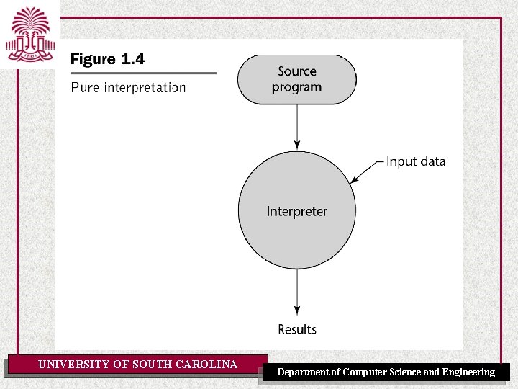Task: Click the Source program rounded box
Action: click(296, 79)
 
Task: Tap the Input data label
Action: click(415, 161)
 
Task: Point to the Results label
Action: click(297, 329)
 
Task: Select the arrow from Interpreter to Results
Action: click(296, 292)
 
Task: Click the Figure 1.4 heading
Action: click(107, 59)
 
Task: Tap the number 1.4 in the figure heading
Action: click(132, 59)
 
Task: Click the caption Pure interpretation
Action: click(128, 88)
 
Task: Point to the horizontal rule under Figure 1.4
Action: click(143, 73)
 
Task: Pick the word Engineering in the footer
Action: click(468, 372)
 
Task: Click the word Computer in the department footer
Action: click(365, 372)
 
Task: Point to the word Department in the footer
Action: click(304, 372)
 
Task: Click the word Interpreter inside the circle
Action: click(296, 211)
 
